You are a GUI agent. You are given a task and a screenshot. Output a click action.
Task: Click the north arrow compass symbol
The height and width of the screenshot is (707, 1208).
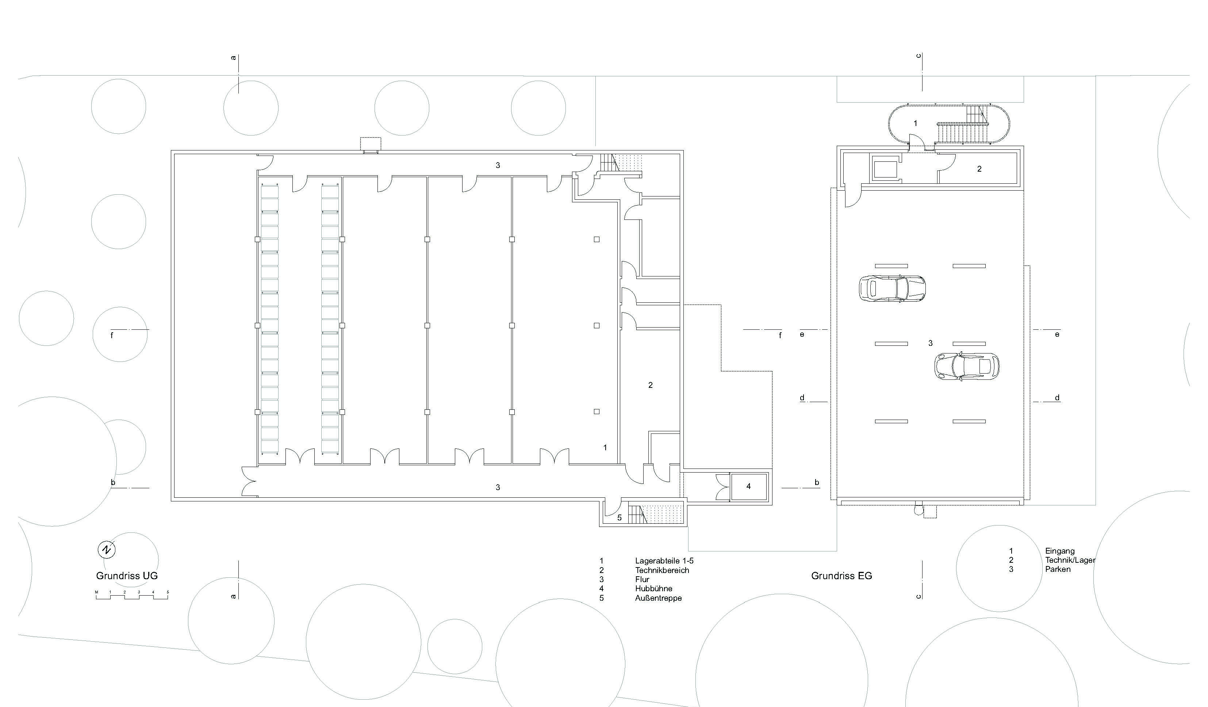(x=107, y=550)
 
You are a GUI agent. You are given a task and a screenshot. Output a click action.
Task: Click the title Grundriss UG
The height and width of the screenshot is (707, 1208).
(x=127, y=576)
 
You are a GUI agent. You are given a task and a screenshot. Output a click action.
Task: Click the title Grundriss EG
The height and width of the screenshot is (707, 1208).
(x=842, y=576)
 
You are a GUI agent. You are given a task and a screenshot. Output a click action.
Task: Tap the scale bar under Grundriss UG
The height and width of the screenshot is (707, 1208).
(x=132, y=596)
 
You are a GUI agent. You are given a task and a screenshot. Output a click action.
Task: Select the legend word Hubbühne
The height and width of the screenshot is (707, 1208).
(x=654, y=589)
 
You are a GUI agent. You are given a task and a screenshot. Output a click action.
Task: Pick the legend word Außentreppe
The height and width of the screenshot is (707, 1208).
(x=659, y=598)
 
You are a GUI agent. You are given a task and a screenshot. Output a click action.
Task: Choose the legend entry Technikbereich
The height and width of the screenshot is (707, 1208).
(x=662, y=570)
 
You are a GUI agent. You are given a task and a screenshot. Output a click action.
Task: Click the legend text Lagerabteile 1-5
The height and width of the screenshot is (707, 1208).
(x=664, y=561)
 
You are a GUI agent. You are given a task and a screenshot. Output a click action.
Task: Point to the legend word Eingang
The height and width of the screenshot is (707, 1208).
(x=1060, y=551)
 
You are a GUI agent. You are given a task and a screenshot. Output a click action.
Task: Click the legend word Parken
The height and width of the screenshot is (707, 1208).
(x=1058, y=569)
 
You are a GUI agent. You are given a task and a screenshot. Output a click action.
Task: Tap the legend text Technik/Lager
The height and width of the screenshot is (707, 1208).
(x=1070, y=560)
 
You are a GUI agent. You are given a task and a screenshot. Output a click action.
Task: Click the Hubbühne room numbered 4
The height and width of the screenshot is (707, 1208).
(x=749, y=486)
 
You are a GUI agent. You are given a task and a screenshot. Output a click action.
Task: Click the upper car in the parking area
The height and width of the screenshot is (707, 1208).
(x=892, y=289)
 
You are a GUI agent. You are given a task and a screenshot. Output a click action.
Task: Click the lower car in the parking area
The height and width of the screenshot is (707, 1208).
(x=967, y=366)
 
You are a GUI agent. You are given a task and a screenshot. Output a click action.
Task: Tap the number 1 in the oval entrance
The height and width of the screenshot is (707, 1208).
(x=915, y=124)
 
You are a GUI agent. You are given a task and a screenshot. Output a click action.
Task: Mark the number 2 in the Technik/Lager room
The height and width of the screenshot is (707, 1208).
(x=979, y=169)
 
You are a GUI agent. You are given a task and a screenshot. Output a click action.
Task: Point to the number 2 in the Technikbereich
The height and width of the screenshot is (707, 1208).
(x=651, y=385)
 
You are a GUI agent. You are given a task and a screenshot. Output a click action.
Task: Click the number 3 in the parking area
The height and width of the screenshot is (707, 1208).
(x=931, y=343)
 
